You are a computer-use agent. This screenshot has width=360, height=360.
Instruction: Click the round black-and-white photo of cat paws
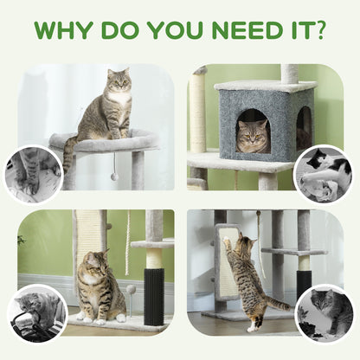click(32, 173)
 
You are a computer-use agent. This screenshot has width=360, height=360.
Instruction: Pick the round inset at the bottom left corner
click(36, 312)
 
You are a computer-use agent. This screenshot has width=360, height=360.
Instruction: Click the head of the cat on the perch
click(118, 83)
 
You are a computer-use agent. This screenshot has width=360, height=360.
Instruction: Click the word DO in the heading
click(119, 29)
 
